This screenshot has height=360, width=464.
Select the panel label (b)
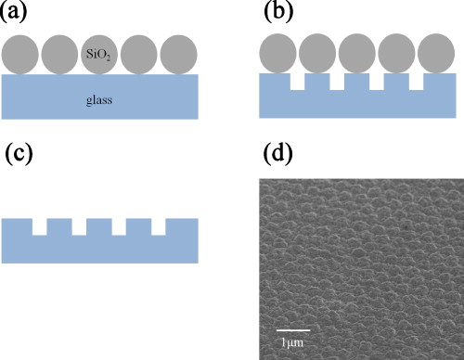(278, 14)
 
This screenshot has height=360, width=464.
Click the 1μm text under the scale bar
(293, 343)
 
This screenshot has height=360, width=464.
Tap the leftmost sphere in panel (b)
(278, 55)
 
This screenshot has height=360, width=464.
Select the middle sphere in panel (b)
(358, 55)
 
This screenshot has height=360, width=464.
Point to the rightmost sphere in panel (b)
(437, 55)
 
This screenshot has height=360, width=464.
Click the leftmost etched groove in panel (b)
(298, 83)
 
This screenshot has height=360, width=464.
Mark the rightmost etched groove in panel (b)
(417, 83)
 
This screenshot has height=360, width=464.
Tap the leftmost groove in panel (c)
(40, 226)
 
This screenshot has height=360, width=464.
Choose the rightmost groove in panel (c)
(159, 226)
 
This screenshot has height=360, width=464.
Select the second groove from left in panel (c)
(80, 226)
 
